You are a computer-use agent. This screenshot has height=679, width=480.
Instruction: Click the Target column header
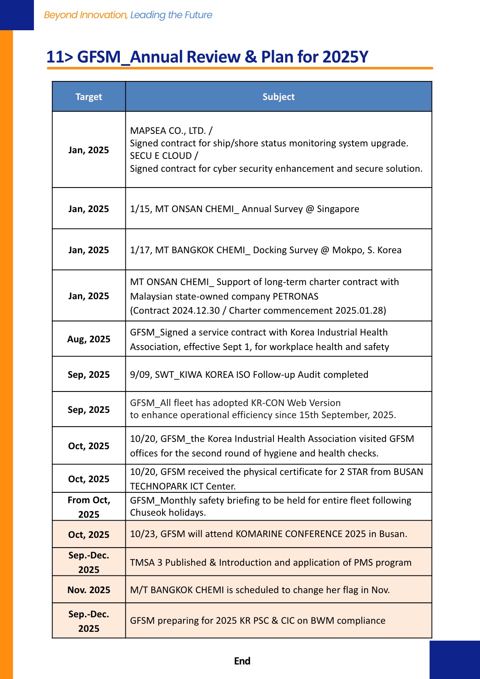89,97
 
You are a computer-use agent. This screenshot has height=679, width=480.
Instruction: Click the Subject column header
278,97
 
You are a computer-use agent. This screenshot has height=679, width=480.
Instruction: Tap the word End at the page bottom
242,661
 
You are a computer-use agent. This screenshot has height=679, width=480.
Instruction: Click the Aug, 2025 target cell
89,339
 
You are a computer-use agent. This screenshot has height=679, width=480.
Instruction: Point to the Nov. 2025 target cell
89,590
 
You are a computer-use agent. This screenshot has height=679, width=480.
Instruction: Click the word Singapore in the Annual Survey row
338,209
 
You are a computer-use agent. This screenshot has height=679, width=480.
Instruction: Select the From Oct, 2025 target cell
89,507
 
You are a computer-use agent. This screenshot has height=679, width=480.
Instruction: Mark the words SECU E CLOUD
161,156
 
